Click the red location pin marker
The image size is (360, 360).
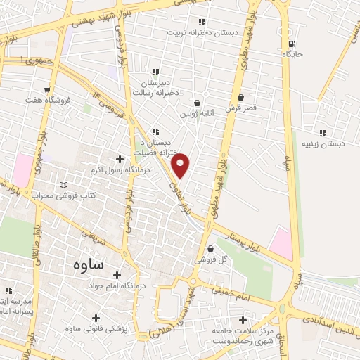click(181, 164)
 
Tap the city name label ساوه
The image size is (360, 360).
click(88, 266)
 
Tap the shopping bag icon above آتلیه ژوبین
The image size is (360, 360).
click(207, 103)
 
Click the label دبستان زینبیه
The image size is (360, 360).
click(324, 143)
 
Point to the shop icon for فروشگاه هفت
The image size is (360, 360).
click(47, 90)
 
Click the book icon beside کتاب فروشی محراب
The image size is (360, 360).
click(65, 184)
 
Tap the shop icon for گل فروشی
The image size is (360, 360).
click(212, 248)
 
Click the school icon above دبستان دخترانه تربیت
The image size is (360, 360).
click(202, 22)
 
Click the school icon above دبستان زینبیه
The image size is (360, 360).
click(323, 133)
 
